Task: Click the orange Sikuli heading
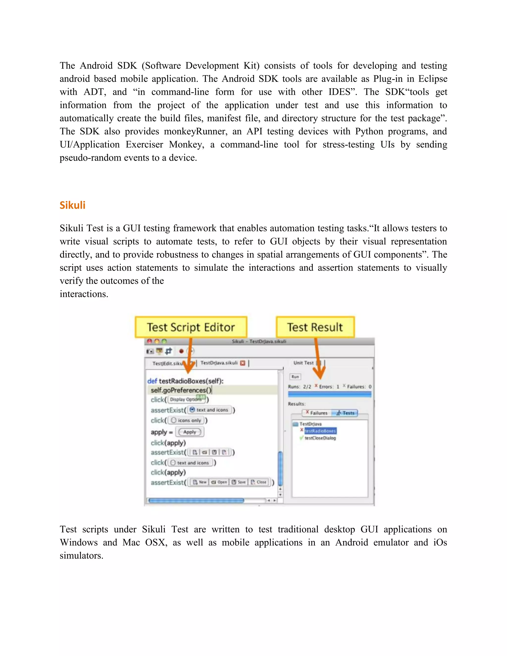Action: point(72,205)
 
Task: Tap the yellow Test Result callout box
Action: point(315,327)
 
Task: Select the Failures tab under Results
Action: point(317,413)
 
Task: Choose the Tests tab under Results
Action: point(346,413)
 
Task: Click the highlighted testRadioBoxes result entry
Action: point(320,431)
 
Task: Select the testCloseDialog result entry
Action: point(320,438)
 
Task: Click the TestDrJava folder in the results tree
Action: point(310,424)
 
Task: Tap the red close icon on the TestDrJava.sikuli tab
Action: point(243,363)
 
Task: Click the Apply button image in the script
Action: point(190,432)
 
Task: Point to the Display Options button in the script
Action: point(186,400)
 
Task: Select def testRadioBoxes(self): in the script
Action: point(185,381)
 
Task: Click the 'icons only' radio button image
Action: point(186,420)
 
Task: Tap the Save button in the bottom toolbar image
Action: point(239,482)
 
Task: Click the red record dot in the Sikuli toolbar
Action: point(181,351)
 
